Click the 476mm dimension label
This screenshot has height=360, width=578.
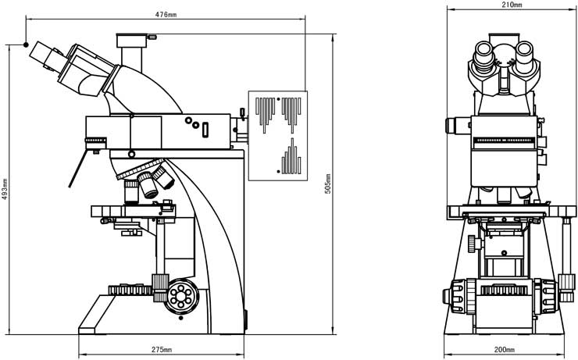click(x=164, y=14)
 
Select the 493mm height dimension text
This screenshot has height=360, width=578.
click(x=5, y=188)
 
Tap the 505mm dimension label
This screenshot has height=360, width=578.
click(x=328, y=184)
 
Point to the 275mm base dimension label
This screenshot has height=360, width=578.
click(x=161, y=349)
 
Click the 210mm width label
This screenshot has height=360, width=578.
click(x=511, y=5)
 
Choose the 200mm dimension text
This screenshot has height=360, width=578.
click(x=505, y=349)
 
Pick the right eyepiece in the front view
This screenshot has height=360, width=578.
click(x=525, y=55)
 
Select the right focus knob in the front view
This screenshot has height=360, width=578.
click(x=566, y=292)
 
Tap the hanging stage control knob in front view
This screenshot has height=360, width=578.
click(x=472, y=243)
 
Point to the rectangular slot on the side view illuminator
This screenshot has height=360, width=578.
click(x=206, y=130)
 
